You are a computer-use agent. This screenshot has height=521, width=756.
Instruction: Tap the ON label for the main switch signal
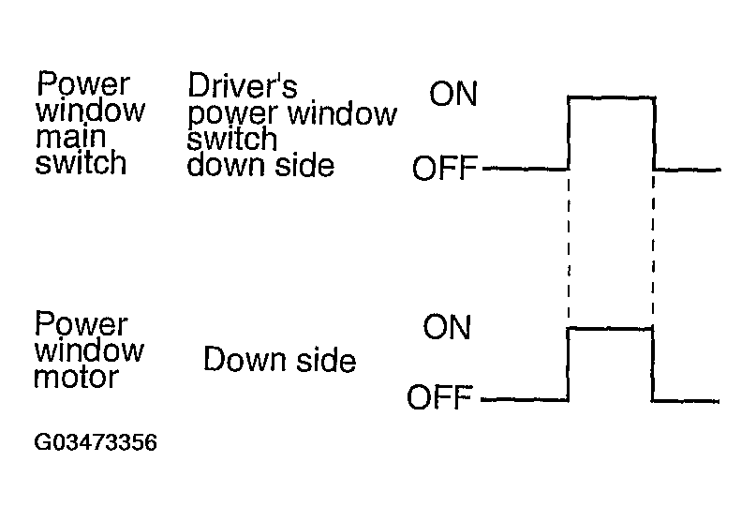pyautogui.click(x=453, y=95)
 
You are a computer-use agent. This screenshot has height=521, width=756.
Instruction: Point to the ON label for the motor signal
pyautogui.click(x=447, y=327)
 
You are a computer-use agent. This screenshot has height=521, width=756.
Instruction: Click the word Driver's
pyautogui.click(x=243, y=86)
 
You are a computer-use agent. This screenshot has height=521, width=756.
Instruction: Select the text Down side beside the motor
pyautogui.click(x=279, y=360)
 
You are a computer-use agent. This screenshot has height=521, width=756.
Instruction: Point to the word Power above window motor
pyautogui.click(x=81, y=324)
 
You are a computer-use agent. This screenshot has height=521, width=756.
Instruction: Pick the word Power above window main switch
pyautogui.click(x=83, y=85)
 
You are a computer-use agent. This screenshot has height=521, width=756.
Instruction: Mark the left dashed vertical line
pyautogui.click(x=569, y=248)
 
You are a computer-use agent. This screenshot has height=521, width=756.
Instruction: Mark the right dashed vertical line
pyautogui.click(x=653, y=248)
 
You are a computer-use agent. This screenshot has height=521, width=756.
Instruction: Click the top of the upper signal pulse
pyautogui.click(x=611, y=96)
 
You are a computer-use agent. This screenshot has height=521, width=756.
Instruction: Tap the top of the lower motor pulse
pyautogui.click(x=611, y=328)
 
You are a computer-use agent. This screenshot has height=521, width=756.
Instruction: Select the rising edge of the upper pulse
pyautogui.click(x=569, y=132)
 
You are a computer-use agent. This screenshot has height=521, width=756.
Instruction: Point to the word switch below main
pyautogui.click(x=80, y=163)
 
